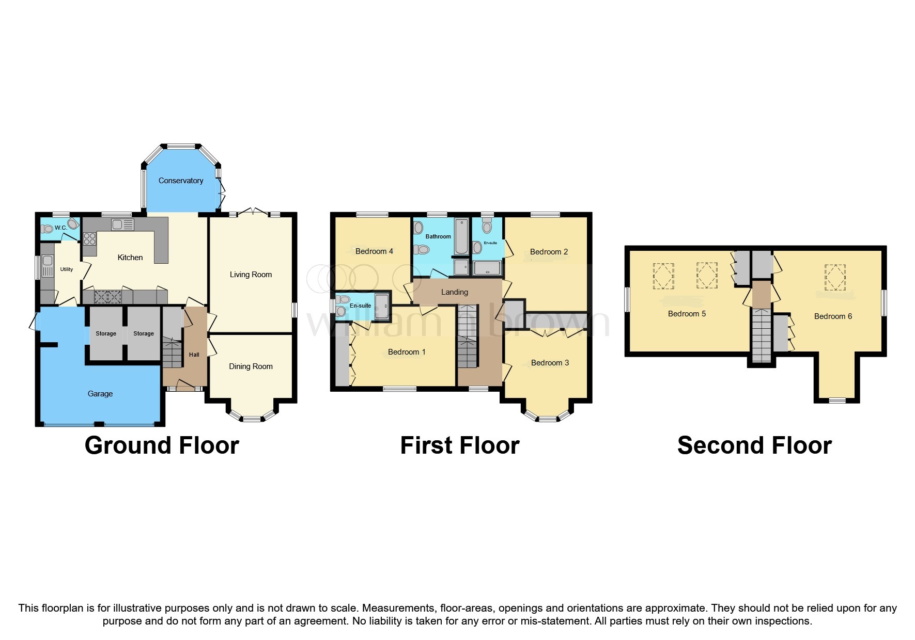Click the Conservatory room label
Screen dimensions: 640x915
[x=180, y=181]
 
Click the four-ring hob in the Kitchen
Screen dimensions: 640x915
[x=89, y=238]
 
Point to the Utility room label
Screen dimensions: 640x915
[x=67, y=269]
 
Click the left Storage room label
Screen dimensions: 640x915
[x=106, y=334]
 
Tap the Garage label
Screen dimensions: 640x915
[x=100, y=394]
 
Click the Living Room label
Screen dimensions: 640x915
[x=251, y=275]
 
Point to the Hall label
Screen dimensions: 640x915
[x=194, y=355]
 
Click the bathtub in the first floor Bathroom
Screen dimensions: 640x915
[x=461, y=236]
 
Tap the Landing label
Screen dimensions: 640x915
[x=455, y=292]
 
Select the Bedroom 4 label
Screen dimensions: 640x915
[x=374, y=251]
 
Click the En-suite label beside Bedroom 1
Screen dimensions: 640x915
[x=360, y=306]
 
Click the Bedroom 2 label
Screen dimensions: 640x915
[x=549, y=252]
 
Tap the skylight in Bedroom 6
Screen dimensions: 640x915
[x=835, y=277]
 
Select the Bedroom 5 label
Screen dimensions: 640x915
[x=687, y=314]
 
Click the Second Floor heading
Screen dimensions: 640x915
[x=754, y=445]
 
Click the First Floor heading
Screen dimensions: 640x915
[x=459, y=445]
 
